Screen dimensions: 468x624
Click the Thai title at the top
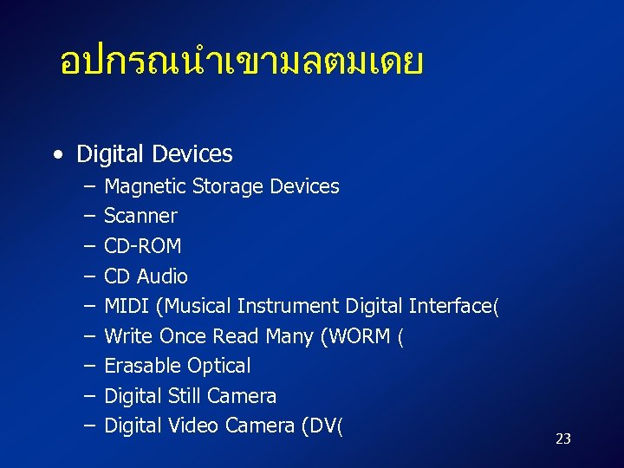click(241, 62)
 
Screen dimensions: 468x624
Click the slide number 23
click(562, 439)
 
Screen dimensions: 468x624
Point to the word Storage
click(228, 186)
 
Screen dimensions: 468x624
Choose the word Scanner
click(140, 216)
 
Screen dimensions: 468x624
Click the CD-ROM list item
click(142, 246)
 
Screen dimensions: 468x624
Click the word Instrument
click(289, 306)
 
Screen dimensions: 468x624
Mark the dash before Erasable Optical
click(90, 366)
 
